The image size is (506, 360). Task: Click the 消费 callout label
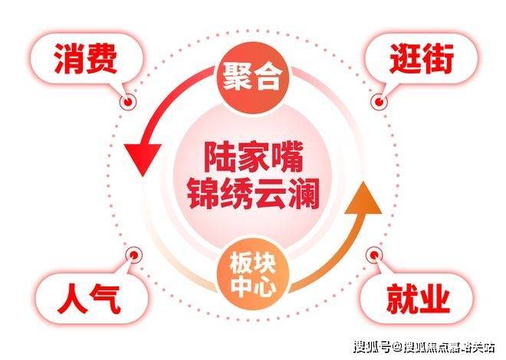point(85,61)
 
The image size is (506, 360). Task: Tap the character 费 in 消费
point(105,61)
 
